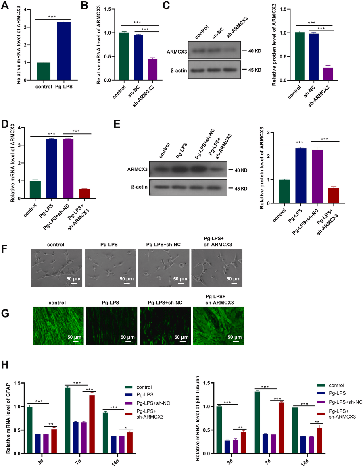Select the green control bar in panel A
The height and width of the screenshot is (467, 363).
[44, 71]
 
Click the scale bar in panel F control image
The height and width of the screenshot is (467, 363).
[74, 284]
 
